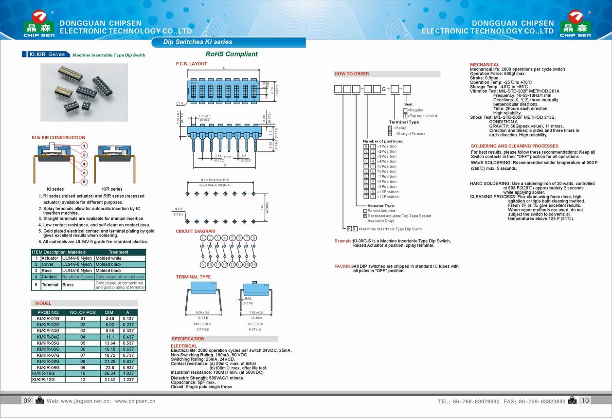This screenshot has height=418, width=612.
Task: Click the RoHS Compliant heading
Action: pyautogui.click(x=231, y=54)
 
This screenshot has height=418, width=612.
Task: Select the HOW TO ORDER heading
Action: pyautogui.click(x=351, y=74)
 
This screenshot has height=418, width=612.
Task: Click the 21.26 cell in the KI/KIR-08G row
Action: pyautogui.click(x=109, y=362)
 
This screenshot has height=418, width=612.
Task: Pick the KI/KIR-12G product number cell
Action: pyautogui.click(x=48, y=380)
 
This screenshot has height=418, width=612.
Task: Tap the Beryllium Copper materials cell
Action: pyautogui.click(x=78, y=277)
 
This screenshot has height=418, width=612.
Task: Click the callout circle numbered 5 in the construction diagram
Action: pyautogui.click(x=84, y=182)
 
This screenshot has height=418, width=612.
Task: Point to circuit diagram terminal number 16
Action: pyautogui.click(x=253, y=264)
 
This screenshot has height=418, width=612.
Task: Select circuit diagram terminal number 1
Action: pyautogui.click(x=203, y=238)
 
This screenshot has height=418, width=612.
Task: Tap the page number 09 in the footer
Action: pyautogui.click(x=27, y=400)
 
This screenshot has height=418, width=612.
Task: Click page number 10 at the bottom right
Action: pyautogui.click(x=585, y=400)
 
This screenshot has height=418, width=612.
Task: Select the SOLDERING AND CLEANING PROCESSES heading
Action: pyautogui.click(x=514, y=146)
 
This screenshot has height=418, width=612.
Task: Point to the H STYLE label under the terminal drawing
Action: pyautogui.click(x=255, y=329)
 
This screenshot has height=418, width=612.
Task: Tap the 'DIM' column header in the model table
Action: pyautogui.click(x=109, y=312)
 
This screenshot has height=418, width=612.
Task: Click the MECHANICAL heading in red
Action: pyautogui.click(x=484, y=65)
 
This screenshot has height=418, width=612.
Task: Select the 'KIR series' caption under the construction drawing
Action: pyautogui.click(x=112, y=189)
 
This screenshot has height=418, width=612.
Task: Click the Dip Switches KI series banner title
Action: pyautogui.click(x=198, y=42)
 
